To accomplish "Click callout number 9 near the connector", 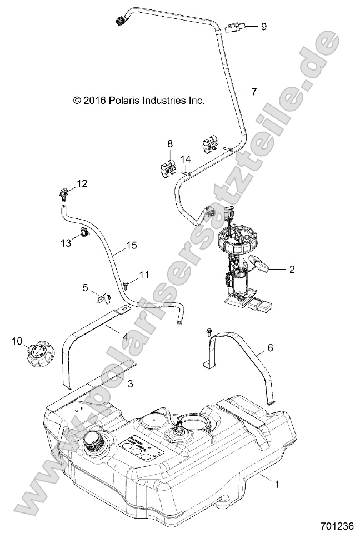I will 263,26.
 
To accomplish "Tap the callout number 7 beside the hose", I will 254,92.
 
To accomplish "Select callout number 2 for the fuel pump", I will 292,270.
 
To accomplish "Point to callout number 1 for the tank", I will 277,484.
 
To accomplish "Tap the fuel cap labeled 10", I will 38,352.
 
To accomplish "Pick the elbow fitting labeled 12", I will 64,194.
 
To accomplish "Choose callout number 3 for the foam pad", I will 130,383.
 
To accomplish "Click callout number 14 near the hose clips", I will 186,159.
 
